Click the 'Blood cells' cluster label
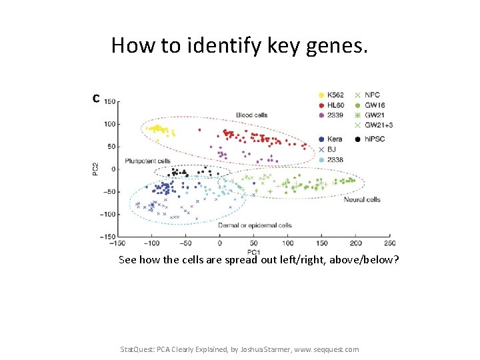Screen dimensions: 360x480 click(251, 115)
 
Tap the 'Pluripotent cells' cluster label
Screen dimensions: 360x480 click(147, 161)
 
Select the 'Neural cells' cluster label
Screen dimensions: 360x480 click(362, 199)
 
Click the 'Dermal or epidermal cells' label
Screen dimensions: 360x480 click(255, 225)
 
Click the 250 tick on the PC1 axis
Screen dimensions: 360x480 click(390, 243)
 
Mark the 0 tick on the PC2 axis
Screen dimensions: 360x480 click(114, 169)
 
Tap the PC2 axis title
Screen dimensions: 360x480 click(95, 169)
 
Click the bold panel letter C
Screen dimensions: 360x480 click(97, 99)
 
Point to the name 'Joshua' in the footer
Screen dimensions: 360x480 click(279, 349)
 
